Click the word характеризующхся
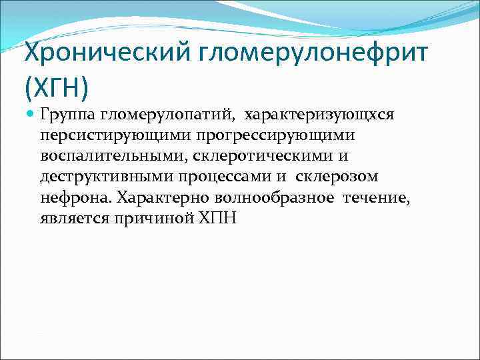(x=319, y=115)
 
